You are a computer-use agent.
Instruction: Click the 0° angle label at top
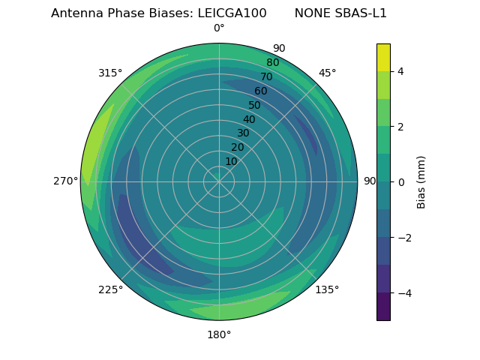(219, 28)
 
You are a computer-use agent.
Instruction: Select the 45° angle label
(327, 73)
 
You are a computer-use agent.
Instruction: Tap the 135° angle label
(327, 289)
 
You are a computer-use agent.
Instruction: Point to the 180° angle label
(219, 334)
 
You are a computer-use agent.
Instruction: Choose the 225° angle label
(110, 289)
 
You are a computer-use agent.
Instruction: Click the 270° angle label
(65, 181)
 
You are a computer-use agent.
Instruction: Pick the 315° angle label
(110, 73)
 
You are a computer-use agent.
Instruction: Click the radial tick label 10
(232, 161)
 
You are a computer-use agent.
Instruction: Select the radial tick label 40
(249, 119)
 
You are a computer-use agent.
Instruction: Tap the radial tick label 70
(266, 76)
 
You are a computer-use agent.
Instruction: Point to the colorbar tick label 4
(401, 71)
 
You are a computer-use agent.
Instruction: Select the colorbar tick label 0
(401, 182)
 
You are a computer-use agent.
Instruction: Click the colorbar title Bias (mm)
(421, 182)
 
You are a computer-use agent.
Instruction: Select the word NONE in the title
(311, 13)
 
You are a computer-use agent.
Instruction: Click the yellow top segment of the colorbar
(383, 57)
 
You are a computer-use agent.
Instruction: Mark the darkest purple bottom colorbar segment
(383, 307)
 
